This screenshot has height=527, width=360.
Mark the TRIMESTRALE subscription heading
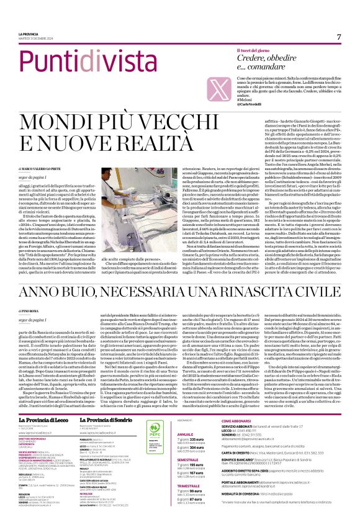[189, 502]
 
